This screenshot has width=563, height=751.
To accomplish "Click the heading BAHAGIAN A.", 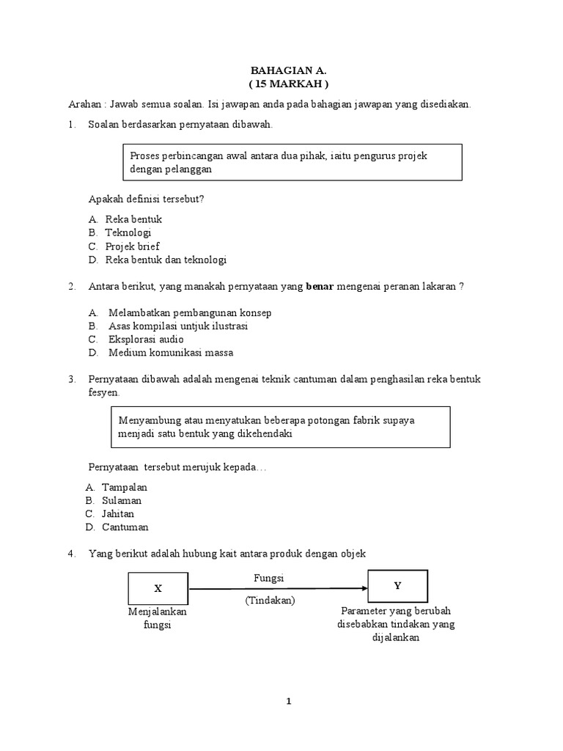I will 288,71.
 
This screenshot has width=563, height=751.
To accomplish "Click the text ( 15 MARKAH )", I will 288,84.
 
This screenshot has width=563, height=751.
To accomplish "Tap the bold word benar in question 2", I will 320,287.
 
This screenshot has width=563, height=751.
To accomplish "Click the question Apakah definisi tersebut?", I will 146,199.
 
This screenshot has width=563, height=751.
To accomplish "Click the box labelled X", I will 158,587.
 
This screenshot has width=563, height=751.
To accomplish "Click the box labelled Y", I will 397,586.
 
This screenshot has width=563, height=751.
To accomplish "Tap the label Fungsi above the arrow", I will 268,578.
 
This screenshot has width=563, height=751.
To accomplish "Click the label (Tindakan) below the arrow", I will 270,600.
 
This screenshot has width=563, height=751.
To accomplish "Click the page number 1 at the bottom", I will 289,702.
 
